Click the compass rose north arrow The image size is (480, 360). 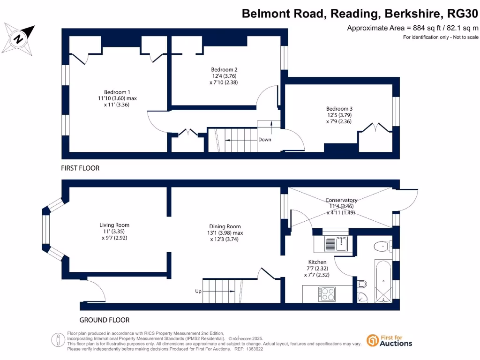pyautogui.click(x=19, y=38)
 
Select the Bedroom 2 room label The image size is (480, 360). pyautogui.click(x=225, y=69)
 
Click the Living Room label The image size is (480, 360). pyautogui.click(x=114, y=225)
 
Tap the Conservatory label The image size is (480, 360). pyautogui.click(x=342, y=200)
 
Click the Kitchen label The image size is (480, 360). pyautogui.click(x=317, y=262)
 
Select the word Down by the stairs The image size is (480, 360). pyautogui.click(x=264, y=140)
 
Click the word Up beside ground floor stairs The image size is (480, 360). pyautogui.click(x=198, y=291)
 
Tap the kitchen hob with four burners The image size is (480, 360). pyautogui.click(x=327, y=294)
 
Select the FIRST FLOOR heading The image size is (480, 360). pyautogui.click(x=80, y=168)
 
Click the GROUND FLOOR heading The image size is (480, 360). pyautogui.click(x=104, y=320)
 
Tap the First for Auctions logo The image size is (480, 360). pyautogui.click(x=389, y=340)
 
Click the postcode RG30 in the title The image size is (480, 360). pyautogui.click(x=462, y=14)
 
